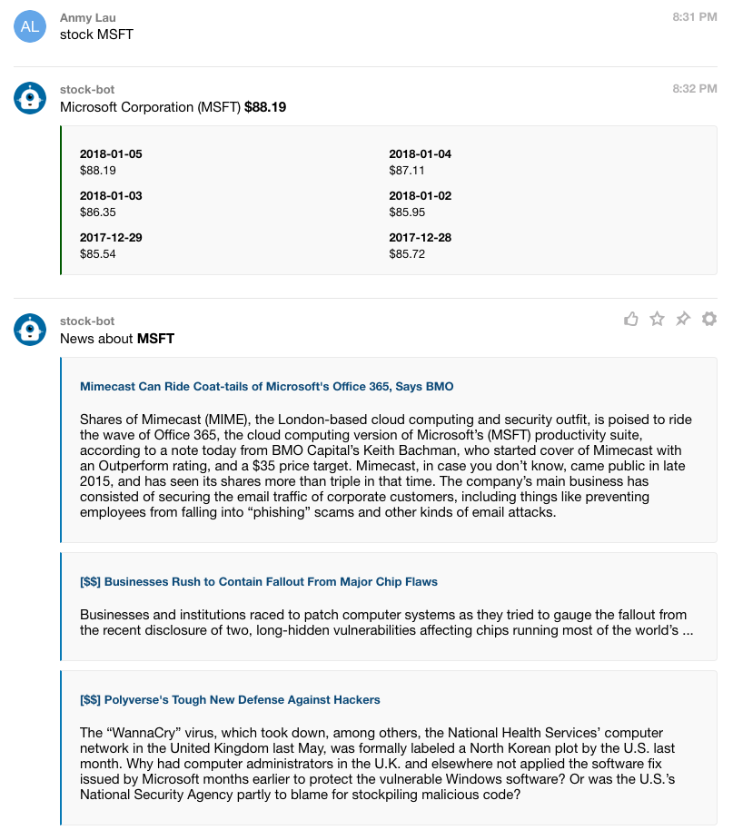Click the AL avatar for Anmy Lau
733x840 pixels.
pos(30,26)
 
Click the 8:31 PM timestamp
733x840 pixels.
pos(695,17)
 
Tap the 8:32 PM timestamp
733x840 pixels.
pos(695,88)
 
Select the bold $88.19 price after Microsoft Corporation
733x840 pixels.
pos(265,107)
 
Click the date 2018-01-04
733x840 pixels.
pos(420,154)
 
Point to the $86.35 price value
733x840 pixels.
pos(98,212)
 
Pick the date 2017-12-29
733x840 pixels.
pos(111,238)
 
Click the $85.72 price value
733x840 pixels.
pos(407,253)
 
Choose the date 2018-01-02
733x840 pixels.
pos(420,196)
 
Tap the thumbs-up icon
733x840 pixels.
pos(631,319)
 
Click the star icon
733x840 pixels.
pos(658,319)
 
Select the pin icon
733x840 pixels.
pos(683,319)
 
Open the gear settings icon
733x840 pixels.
pos(709,319)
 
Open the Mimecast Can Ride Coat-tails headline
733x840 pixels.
pos(266,387)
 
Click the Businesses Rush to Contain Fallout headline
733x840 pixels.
pos(258,582)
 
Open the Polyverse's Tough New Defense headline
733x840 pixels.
pos(230,700)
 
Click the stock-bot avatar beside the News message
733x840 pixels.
pos(30,329)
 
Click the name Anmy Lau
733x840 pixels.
pos(88,18)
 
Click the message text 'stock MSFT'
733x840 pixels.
pos(96,35)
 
